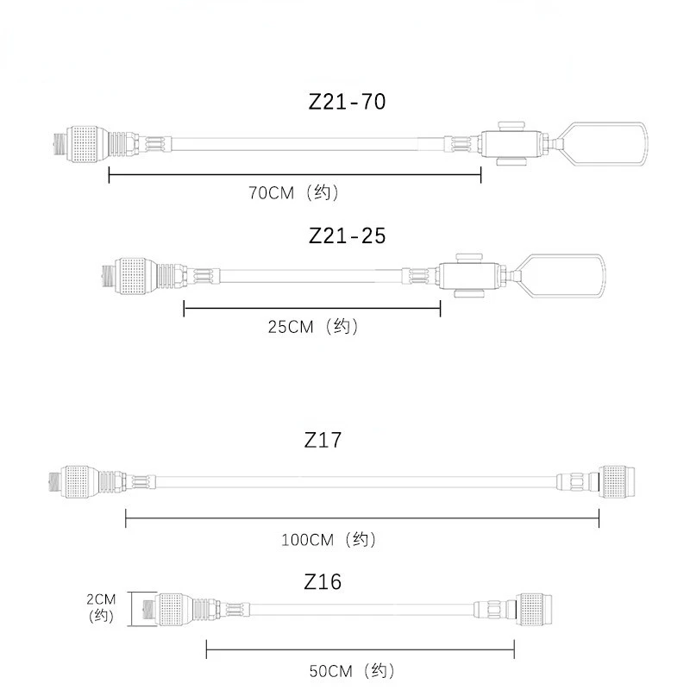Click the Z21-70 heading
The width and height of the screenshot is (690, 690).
point(347,102)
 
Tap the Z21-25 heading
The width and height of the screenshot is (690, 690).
point(347,235)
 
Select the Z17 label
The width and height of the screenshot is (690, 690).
point(323,440)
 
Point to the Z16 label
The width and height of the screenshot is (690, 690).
point(323,582)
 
